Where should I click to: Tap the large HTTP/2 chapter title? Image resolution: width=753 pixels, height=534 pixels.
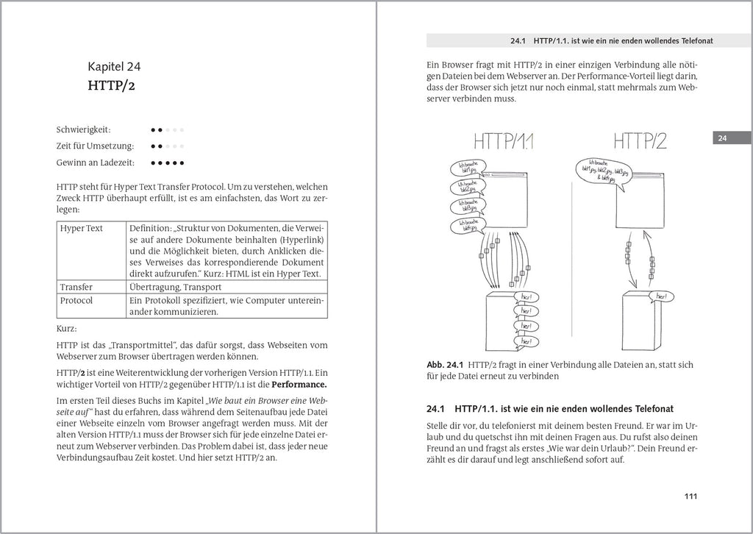[111, 86]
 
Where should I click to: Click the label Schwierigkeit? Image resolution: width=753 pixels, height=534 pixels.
[84, 129]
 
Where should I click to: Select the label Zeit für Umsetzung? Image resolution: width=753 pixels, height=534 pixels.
[95, 146]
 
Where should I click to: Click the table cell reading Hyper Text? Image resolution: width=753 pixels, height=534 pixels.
[82, 228]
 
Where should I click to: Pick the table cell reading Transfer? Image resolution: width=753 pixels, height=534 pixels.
[76, 287]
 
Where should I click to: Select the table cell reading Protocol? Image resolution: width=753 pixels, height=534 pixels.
[76, 300]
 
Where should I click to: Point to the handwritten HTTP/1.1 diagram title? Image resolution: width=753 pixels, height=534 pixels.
[504, 141]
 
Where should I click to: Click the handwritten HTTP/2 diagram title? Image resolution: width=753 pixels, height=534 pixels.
[639, 140]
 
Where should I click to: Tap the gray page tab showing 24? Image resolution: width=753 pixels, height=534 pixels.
[722, 138]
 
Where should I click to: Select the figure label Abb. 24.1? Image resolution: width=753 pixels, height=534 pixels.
[443, 364]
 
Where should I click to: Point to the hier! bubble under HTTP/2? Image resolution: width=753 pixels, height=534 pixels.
[664, 296]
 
